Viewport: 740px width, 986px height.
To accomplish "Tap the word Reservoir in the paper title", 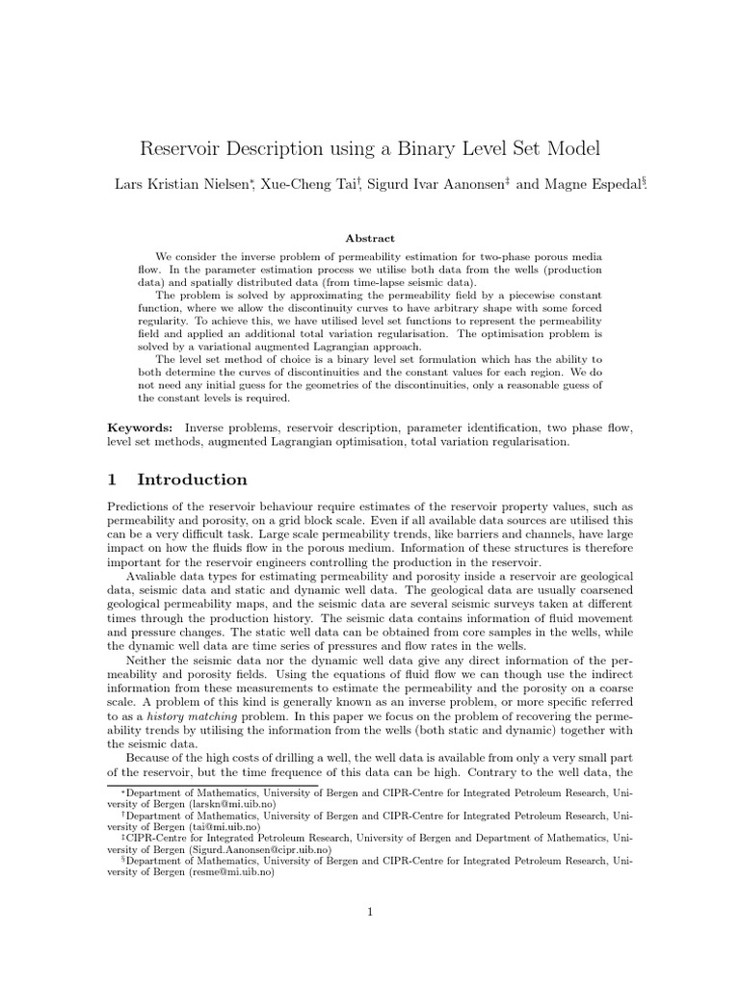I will click(181, 148).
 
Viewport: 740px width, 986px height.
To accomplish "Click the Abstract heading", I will click(370, 238).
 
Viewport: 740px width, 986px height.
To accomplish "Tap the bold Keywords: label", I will click(140, 427).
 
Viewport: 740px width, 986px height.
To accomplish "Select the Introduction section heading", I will click(192, 480).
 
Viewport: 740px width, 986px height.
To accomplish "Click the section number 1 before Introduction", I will click(112, 480).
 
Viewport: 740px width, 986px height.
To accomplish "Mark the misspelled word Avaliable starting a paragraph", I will click(155, 576).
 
